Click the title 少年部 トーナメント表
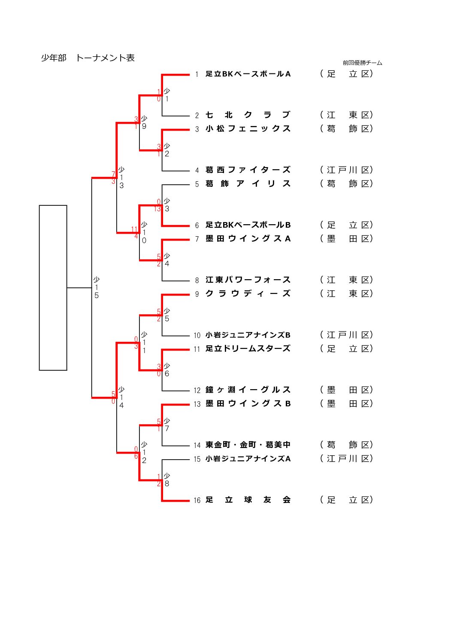coord(88,58)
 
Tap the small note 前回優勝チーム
coord(362,63)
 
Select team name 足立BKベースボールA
coord(248,74)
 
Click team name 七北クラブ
coord(248,115)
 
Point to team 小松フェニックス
coord(248,129)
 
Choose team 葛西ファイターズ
coord(248,170)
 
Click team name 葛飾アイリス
coord(248,184)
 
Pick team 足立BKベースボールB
coord(248,225)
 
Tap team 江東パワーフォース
coord(248,280)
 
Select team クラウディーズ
coord(248,294)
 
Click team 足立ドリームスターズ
coord(248,349)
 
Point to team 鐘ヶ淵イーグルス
coord(248,390)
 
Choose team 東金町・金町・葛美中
coord(248,445)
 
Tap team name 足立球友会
coord(248,500)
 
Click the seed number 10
coord(197,335)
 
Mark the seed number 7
coord(197,239)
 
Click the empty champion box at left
coord(53,288)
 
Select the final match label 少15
coord(97,288)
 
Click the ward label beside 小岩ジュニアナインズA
coord(346,459)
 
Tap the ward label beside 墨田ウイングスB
coord(346,404)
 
